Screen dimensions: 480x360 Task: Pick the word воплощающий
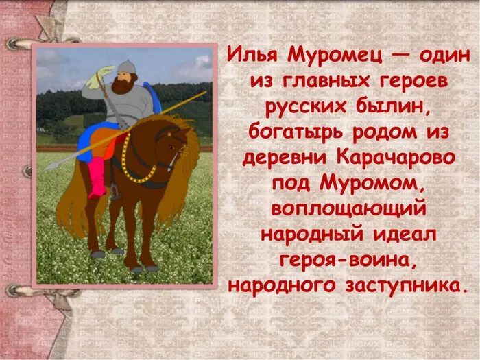[348, 208]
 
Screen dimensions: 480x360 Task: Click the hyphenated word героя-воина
[348, 260]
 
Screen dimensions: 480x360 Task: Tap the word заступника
[407, 286]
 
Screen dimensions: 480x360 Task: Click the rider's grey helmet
[126, 67]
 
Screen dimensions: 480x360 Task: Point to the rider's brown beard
[122, 84]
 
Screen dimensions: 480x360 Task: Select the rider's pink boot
[97, 178]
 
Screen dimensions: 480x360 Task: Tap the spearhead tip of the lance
[45, 169]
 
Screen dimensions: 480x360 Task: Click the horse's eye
[171, 147]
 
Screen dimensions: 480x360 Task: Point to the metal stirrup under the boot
[115, 193]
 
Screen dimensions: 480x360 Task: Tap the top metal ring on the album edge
[14, 44]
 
